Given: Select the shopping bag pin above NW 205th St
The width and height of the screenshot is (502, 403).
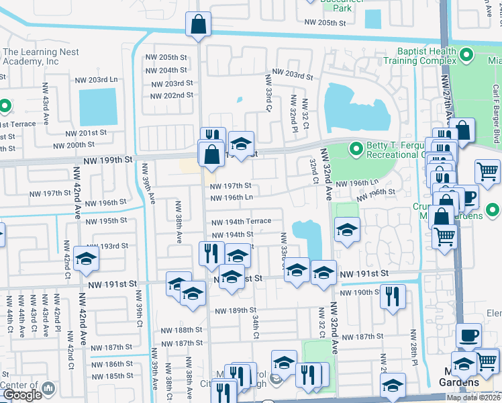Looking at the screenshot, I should click(199, 25).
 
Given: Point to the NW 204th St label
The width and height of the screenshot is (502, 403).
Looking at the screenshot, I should click(164, 70).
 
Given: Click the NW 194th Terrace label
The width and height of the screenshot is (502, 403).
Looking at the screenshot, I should click(242, 221).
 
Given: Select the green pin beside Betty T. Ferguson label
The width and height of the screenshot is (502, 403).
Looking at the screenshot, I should click(355, 147).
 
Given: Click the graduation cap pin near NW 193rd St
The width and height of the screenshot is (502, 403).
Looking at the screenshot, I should click(86, 259).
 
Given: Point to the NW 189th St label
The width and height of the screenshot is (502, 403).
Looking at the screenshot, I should click(236, 310).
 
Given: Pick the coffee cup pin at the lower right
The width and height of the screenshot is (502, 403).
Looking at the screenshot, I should click(468, 336).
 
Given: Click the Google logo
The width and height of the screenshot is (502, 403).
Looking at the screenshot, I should click(22, 395).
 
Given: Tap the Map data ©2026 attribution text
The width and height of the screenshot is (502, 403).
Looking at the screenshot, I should click(474, 398).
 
